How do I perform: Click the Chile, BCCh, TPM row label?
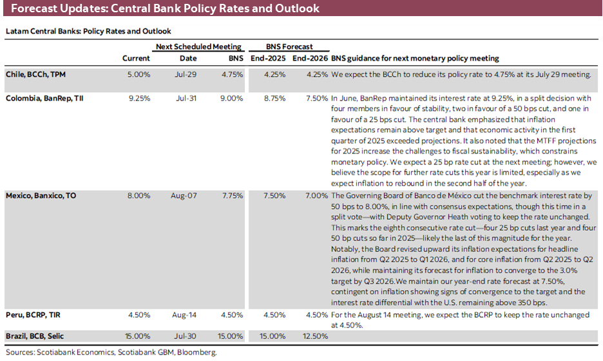pos(35,74)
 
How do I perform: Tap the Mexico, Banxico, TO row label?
pos(41,195)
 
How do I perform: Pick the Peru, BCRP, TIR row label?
pos(32,315)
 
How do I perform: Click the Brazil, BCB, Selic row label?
pos(35,336)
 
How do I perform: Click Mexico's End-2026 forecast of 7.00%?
pos(316,195)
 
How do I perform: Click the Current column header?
pos(136,59)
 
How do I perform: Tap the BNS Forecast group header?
pos(289,46)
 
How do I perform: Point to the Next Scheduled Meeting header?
pos(198,46)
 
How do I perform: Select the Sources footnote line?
pos(111,353)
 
